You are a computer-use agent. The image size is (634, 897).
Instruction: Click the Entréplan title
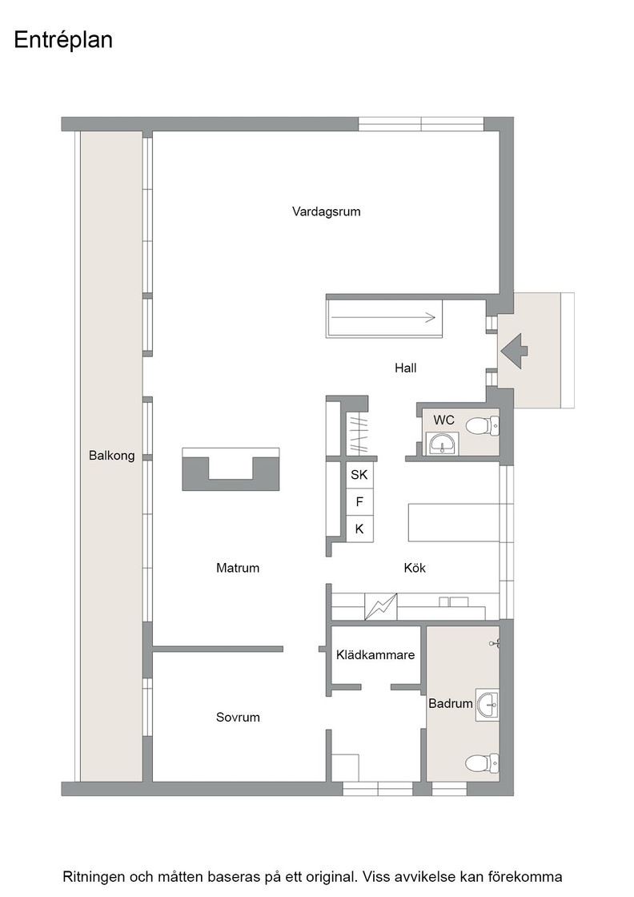[x=63, y=40]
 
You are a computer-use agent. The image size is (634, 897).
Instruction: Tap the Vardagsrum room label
[x=327, y=211]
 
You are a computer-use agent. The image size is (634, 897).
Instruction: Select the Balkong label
[x=111, y=456]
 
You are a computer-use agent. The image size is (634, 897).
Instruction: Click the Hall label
[x=405, y=368]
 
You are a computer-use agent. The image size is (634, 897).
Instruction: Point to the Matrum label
[x=238, y=568]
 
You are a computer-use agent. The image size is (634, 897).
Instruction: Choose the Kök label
[x=415, y=568]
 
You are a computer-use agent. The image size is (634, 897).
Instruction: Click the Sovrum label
[x=238, y=718]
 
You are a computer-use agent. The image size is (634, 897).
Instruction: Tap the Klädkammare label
[x=375, y=655]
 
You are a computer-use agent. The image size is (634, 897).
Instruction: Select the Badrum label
[x=451, y=704]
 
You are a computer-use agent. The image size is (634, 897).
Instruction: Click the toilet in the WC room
[x=482, y=426]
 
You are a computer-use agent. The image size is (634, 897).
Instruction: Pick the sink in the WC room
[x=443, y=444]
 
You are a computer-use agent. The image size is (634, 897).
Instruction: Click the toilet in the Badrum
[x=482, y=763]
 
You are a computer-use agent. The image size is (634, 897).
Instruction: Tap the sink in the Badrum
[x=487, y=705]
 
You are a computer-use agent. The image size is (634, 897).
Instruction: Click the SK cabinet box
[x=359, y=475]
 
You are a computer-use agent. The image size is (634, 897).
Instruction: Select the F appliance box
[x=359, y=502]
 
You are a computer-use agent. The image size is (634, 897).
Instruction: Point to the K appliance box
[x=359, y=529]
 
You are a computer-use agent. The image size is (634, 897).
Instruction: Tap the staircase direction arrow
[x=383, y=317]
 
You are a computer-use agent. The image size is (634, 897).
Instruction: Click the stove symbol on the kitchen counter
[x=381, y=607]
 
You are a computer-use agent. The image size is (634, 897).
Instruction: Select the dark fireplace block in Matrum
[x=231, y=469]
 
